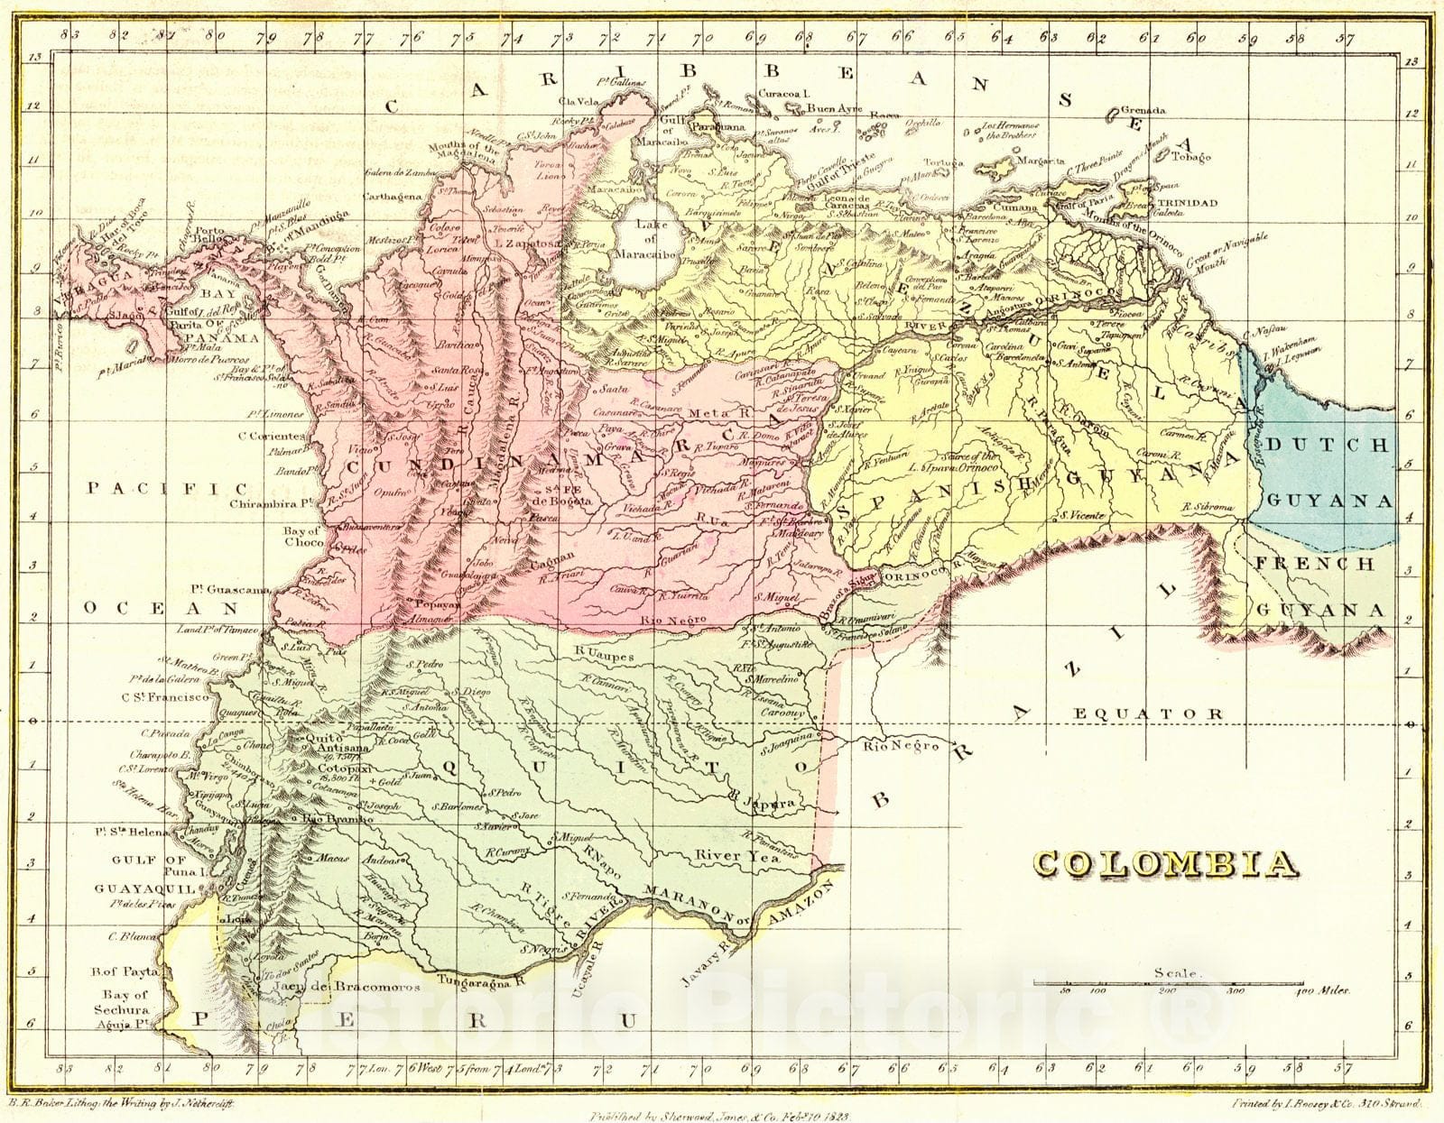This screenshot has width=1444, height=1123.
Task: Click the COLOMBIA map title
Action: point(1165,864)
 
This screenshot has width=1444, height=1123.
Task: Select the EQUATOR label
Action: point(1149,713)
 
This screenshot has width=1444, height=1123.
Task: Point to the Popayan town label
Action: point(437,604)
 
